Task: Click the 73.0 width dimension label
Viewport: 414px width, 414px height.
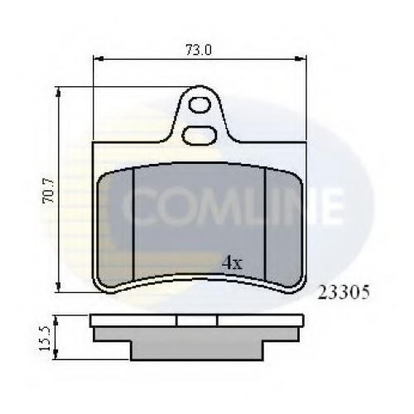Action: [199, 50]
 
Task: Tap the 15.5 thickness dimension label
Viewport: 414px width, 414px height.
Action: [45, 338]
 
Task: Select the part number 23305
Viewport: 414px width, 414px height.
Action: [344, 292]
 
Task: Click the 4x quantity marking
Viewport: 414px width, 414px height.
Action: [232, 263]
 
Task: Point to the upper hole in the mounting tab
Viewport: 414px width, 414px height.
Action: [200, 104]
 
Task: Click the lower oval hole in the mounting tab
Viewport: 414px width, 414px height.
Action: [200, 136]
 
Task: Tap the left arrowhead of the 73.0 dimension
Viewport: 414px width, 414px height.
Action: [98, 59]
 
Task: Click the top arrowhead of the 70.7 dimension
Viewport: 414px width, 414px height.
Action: [58, 92]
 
